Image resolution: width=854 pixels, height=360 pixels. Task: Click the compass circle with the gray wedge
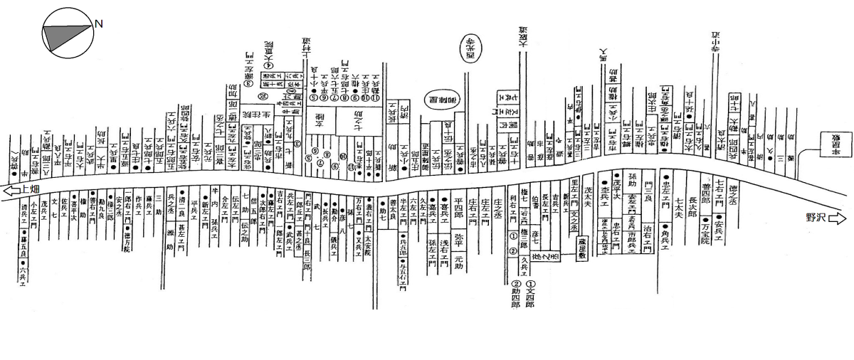[66, 32]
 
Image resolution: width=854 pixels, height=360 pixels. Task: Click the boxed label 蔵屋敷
[581, 250]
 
